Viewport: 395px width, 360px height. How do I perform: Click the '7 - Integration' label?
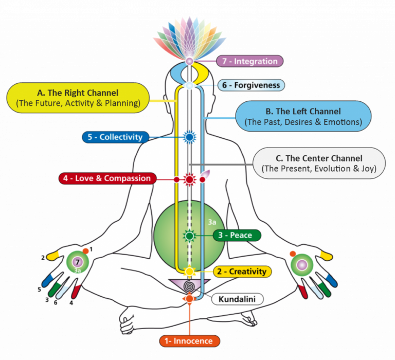pos(249,61)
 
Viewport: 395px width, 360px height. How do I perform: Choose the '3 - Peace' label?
pos(237,235)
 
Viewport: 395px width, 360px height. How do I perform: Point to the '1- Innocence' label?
pos(189,341)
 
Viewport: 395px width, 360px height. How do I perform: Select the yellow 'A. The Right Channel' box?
pos(78,98)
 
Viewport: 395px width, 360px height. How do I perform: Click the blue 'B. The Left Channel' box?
pos(303,116)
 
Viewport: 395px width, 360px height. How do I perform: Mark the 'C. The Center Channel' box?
pos(319,163)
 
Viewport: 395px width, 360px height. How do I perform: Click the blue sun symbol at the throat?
pos(190,137)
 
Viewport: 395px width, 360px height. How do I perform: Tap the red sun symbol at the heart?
pos(190,179)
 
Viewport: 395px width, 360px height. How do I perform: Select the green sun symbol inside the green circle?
pos(190,236)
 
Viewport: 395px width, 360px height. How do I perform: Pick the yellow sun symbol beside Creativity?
pos(190,271)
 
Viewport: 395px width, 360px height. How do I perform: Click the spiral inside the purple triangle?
pos(190,285)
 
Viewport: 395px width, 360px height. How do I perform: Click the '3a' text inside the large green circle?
pos(211,222)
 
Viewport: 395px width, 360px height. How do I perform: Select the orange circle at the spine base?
pos(189,299)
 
